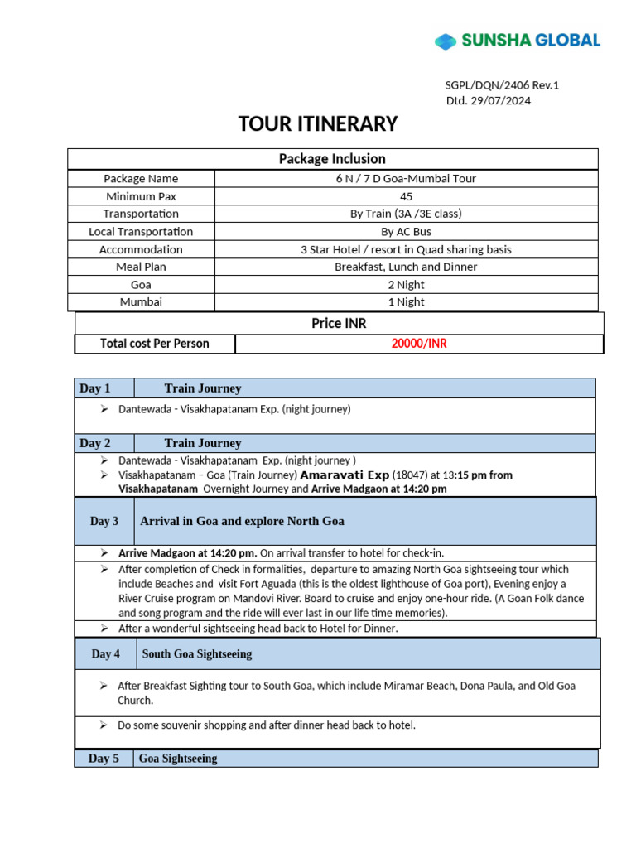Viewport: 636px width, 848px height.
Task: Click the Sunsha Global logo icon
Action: pyautogui.click(x=446, y=41)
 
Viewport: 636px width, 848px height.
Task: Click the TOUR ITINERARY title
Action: pyautogui.click(x=318, y=124)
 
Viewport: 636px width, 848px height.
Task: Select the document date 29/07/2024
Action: pyautogui.click(x=501, y=101)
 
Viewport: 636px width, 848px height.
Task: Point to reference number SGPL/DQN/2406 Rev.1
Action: pyautogui.click(x=502, y=85)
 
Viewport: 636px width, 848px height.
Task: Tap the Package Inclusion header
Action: pyautogui.click(x=332, y=159)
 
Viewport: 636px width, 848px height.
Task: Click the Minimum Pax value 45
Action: pyautogui.click(x=406, y=196)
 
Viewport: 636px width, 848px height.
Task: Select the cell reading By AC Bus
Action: pyautogui.click(x=406, y=232)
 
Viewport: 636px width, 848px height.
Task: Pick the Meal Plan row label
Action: pyautogui.click(x=141, y=267)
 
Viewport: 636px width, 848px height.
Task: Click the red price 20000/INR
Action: pyautogui.click(x=419, y=344)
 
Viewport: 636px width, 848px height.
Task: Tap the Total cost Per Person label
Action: pyautogui.click(x=155, y=344)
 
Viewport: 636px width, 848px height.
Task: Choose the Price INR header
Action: pyautogui.click(x=339, y=323)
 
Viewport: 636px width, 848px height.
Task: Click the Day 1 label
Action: pyautogui.click(x=94, y=388)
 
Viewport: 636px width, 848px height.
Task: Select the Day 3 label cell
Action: pyautogui.click(x=104, y=521)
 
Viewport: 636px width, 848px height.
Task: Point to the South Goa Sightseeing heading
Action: pyautogui.click(x=197, y=654)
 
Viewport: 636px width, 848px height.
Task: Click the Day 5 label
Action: pyautogui.click(x=104, y=759)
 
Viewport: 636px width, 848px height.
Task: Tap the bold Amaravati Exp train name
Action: pyautogui.click(x=344, y=475)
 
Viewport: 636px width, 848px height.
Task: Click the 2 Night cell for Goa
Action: pyautogui.click(x=406, y=285)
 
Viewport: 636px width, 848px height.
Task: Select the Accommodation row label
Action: pyautogui.click(x=141, y=249)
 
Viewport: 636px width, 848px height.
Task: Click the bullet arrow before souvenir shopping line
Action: pyautogui.click(x=103, y=725)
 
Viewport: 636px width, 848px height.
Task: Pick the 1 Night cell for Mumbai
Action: pyautogui.click(x=406, y=302)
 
